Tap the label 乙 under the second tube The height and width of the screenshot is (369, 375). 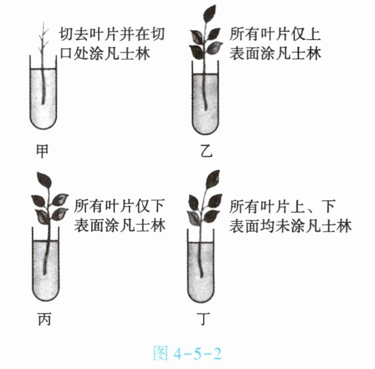click(x=206, y=152)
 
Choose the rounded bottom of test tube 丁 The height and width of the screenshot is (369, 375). click(x=204, y=296)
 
